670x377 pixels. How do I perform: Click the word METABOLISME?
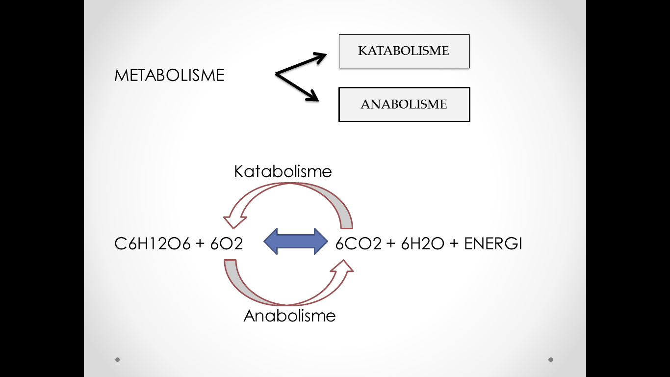click(x=169, y=75)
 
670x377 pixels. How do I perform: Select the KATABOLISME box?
click(x=404, y=51)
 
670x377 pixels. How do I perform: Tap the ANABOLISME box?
click(x=404, y=105)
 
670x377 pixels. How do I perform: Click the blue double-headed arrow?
click(x=296, y=241)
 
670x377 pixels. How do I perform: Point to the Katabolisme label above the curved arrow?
click(x=283, y=171)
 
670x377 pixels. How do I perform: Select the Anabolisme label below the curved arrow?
click(x=289, y=315)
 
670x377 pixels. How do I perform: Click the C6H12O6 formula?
click(x=152, y=243)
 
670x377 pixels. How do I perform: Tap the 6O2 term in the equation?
click(x=227, y=243)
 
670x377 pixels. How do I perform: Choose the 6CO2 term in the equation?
click(x=358, y=243)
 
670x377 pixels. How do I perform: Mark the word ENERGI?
click(x=493, y=243)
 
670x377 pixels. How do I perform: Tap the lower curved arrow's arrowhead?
click(x=342, y=266)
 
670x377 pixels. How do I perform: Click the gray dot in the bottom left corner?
click(x=118, y=359)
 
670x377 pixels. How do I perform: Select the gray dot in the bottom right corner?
click(x=551, y=359)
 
